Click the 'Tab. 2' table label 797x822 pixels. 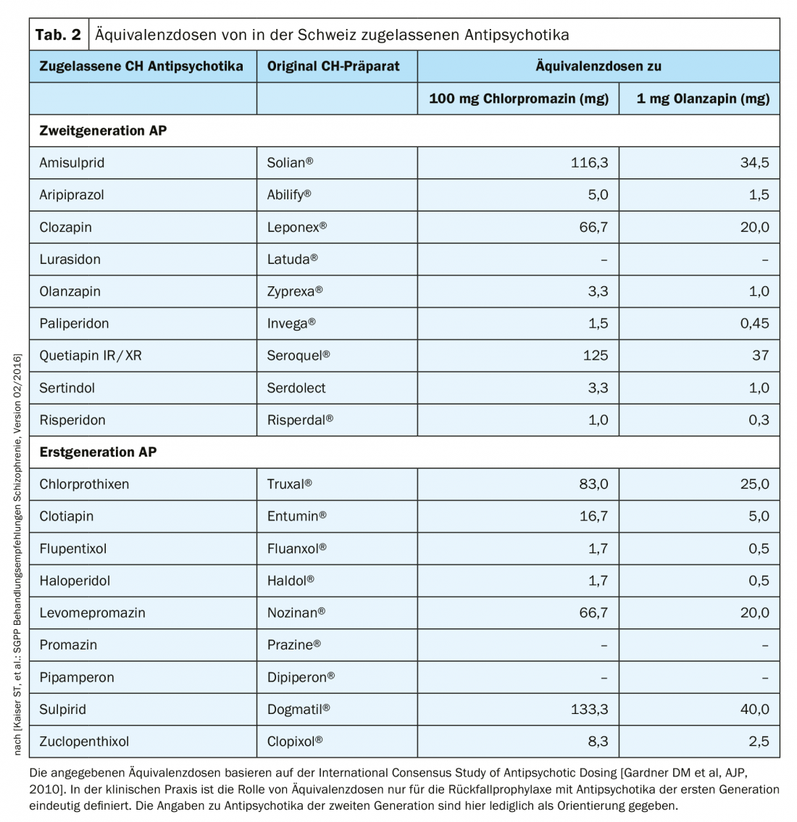59,35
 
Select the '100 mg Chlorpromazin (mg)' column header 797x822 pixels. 519,99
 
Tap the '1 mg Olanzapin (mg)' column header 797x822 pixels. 703,99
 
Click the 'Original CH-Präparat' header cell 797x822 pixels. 333,66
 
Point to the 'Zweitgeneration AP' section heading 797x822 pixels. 103,130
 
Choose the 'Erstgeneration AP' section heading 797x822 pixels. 98,452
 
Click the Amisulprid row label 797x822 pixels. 72,163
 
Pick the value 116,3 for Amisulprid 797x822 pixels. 589,163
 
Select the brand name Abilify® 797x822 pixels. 289,195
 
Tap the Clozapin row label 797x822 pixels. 65,227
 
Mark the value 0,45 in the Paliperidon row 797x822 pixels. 754,323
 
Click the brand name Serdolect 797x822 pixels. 296,388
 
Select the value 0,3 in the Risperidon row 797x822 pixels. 759,420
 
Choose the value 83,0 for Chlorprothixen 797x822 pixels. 593,484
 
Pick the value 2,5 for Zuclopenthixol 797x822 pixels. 759,742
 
